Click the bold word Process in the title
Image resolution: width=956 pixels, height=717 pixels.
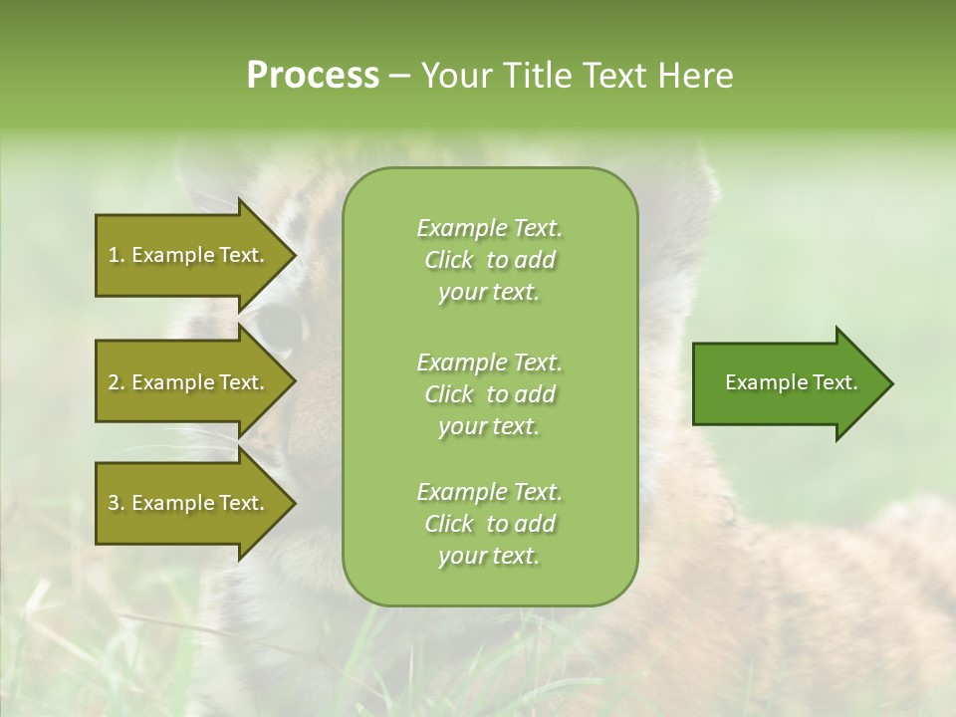(x=313, y=75)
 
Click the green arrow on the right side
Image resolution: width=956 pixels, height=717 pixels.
(x=787, y=382)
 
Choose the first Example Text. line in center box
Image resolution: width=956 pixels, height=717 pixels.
(x=489, y=228)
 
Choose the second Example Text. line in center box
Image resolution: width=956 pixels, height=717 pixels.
(x=489, y=362)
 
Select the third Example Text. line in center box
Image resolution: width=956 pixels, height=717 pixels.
(x=489, y=492)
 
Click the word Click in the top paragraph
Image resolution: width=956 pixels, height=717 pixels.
(x=449, y=260)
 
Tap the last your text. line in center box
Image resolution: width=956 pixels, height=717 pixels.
(x=489, y=557)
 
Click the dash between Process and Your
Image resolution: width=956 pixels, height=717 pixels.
(x=400, y=76)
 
